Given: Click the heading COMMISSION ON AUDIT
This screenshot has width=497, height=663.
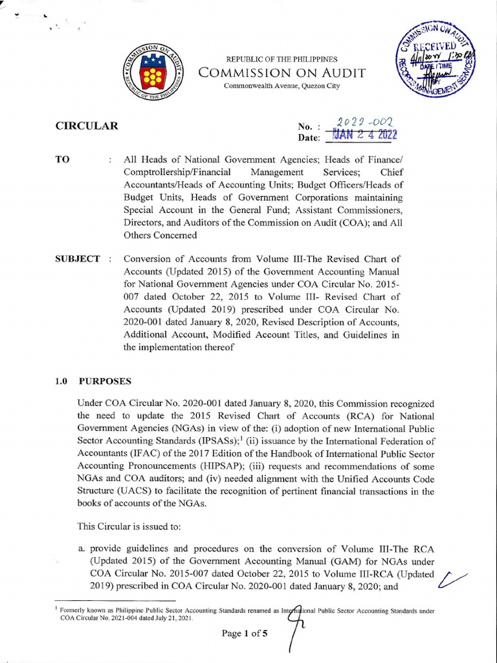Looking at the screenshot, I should click(x=282, y=73).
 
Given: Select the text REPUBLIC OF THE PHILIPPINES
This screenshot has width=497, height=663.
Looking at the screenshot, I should click(x=282, y=60).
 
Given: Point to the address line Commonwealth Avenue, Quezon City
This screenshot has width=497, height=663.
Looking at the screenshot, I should click(x=282, y=86).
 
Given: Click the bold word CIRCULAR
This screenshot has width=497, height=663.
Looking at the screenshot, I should click(x=87, y=126).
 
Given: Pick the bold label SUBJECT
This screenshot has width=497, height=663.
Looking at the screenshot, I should click(x=78, y=259).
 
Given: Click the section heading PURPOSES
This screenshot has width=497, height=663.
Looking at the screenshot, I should click(x=105, y=381).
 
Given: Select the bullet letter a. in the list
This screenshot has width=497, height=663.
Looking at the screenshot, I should click(x=82, y=548).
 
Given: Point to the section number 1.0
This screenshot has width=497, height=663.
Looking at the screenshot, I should click(x=61, y=381).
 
